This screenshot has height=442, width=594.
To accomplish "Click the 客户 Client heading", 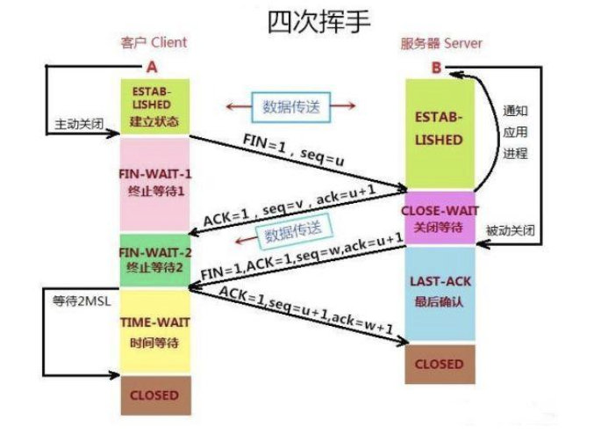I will coord(154,42).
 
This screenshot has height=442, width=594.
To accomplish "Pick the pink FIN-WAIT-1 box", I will coord(154,183).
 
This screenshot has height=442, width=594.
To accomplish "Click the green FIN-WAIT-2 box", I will coord(154,259).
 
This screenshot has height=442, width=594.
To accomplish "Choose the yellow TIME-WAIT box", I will coord(154,331).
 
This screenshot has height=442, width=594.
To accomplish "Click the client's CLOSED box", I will coord(154,395).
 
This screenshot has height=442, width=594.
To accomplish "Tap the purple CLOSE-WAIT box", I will coord(439,218).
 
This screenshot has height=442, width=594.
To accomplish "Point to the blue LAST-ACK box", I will coord(439,293).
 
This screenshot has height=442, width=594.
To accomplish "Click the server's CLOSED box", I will coord(439,364).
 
